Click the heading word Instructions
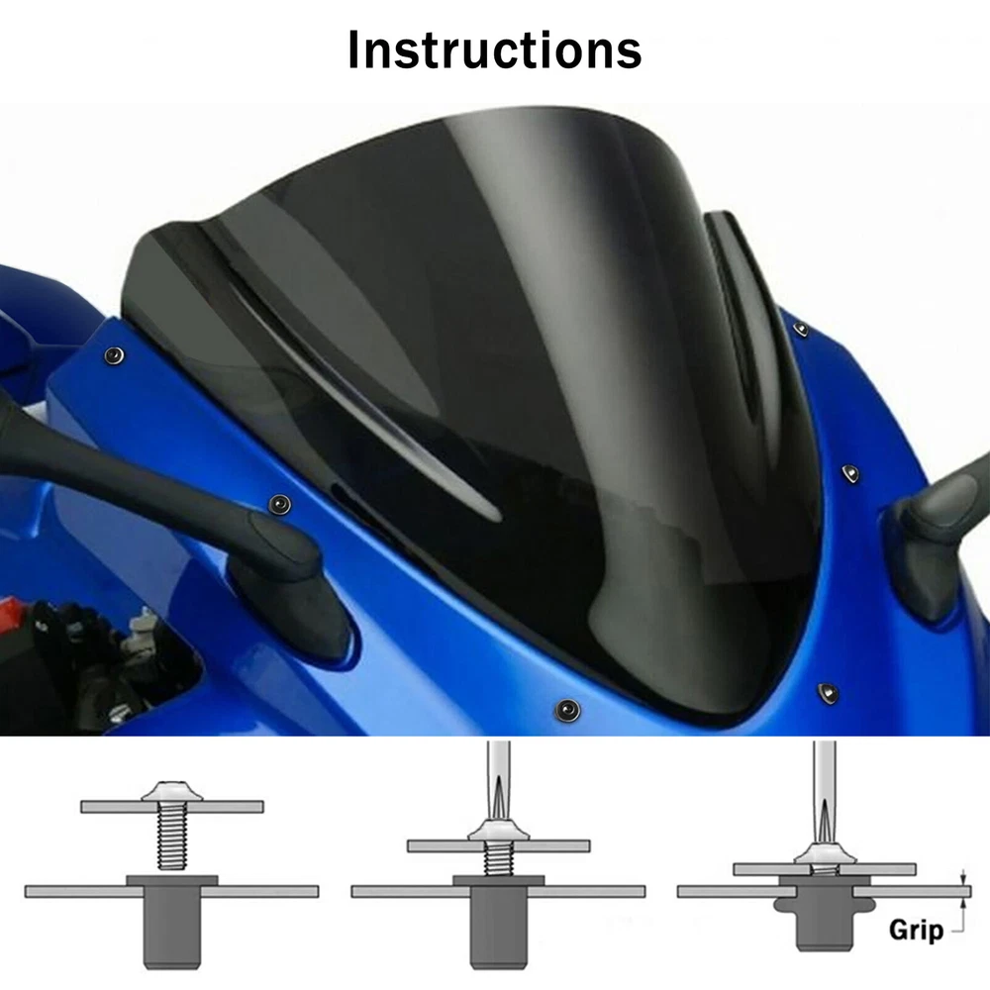coord(494,49)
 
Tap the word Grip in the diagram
coord(916,930)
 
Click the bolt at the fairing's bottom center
coord(567,710)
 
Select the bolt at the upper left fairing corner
coord(114,356)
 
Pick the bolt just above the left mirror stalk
coord(280,504)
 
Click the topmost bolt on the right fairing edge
coord(801,329)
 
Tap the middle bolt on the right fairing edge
coord(850,473)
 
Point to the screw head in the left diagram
coord(171,791)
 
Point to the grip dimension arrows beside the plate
coord(963,892)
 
